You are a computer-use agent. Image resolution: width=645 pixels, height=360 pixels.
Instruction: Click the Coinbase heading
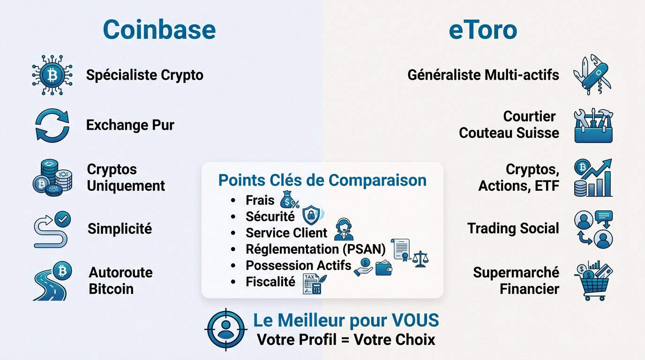coord(159,30)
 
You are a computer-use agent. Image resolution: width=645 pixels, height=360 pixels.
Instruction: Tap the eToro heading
coord(483,30)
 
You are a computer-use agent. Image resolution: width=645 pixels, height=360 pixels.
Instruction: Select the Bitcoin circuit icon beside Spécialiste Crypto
coord(52,75)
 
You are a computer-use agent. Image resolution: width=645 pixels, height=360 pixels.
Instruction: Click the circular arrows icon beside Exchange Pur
coord(52,125)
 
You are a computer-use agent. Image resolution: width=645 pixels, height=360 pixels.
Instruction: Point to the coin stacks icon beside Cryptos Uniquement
coord(52,177)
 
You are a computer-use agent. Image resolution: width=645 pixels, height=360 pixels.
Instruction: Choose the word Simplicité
coord(120,229)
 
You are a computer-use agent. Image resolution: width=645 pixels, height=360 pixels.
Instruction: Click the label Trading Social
coord(513,228)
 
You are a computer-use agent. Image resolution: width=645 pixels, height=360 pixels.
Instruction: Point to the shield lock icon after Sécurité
coord(311,215)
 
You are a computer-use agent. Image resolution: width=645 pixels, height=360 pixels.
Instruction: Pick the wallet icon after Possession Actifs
coord(383,267)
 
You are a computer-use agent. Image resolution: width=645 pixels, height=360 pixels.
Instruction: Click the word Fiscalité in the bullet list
coord(270,282)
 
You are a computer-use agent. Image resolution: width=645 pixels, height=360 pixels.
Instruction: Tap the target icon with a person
coord(226,329)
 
